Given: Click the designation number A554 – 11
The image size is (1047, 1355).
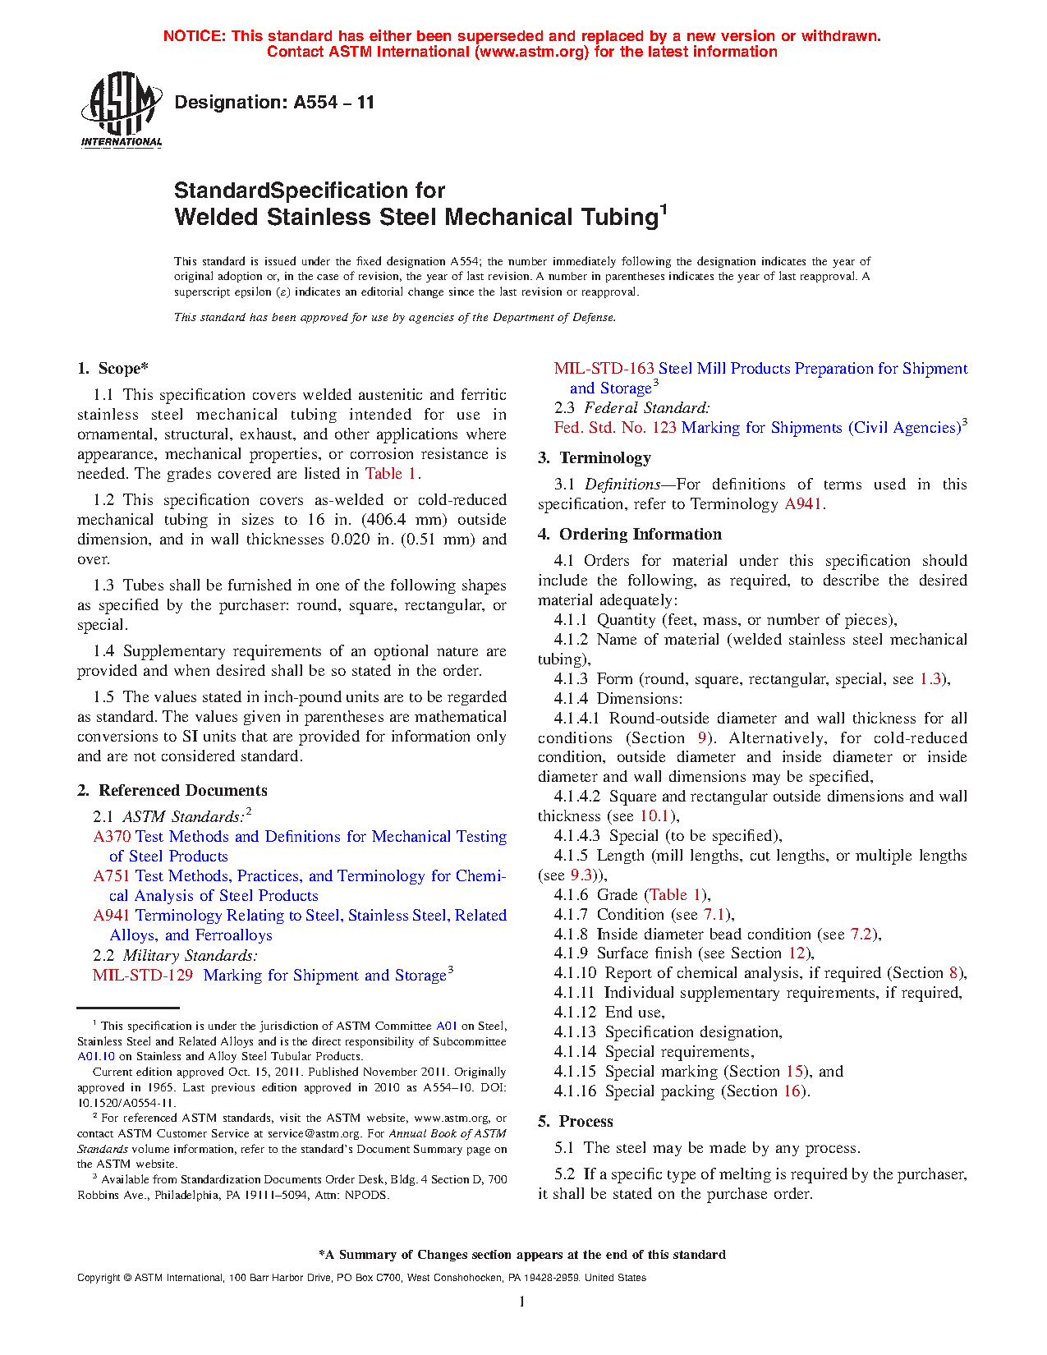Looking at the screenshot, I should pos(333,103).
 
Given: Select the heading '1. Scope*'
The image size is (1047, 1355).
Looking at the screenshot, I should pos(113,369).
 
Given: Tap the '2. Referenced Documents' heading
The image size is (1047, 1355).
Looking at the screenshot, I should pos(172,791).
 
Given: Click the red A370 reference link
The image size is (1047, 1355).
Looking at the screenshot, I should pos(113,837).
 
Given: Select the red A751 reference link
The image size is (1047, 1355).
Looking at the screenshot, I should pos(113,876).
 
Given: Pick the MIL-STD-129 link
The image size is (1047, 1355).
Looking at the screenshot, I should pos(143,976).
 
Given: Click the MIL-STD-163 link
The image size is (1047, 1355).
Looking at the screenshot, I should pos(604,369).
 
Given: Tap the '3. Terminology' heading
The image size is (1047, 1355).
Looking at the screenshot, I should pos(595,458).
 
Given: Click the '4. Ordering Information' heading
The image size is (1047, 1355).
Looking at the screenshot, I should pos(630,535).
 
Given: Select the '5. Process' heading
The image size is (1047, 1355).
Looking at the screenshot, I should pos(576,1122).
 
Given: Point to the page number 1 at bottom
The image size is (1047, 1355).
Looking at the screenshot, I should pos(522,1301).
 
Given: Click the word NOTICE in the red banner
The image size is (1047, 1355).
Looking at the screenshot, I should pos(194,36).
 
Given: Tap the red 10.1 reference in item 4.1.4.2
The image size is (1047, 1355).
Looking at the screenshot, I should pos(654,816).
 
